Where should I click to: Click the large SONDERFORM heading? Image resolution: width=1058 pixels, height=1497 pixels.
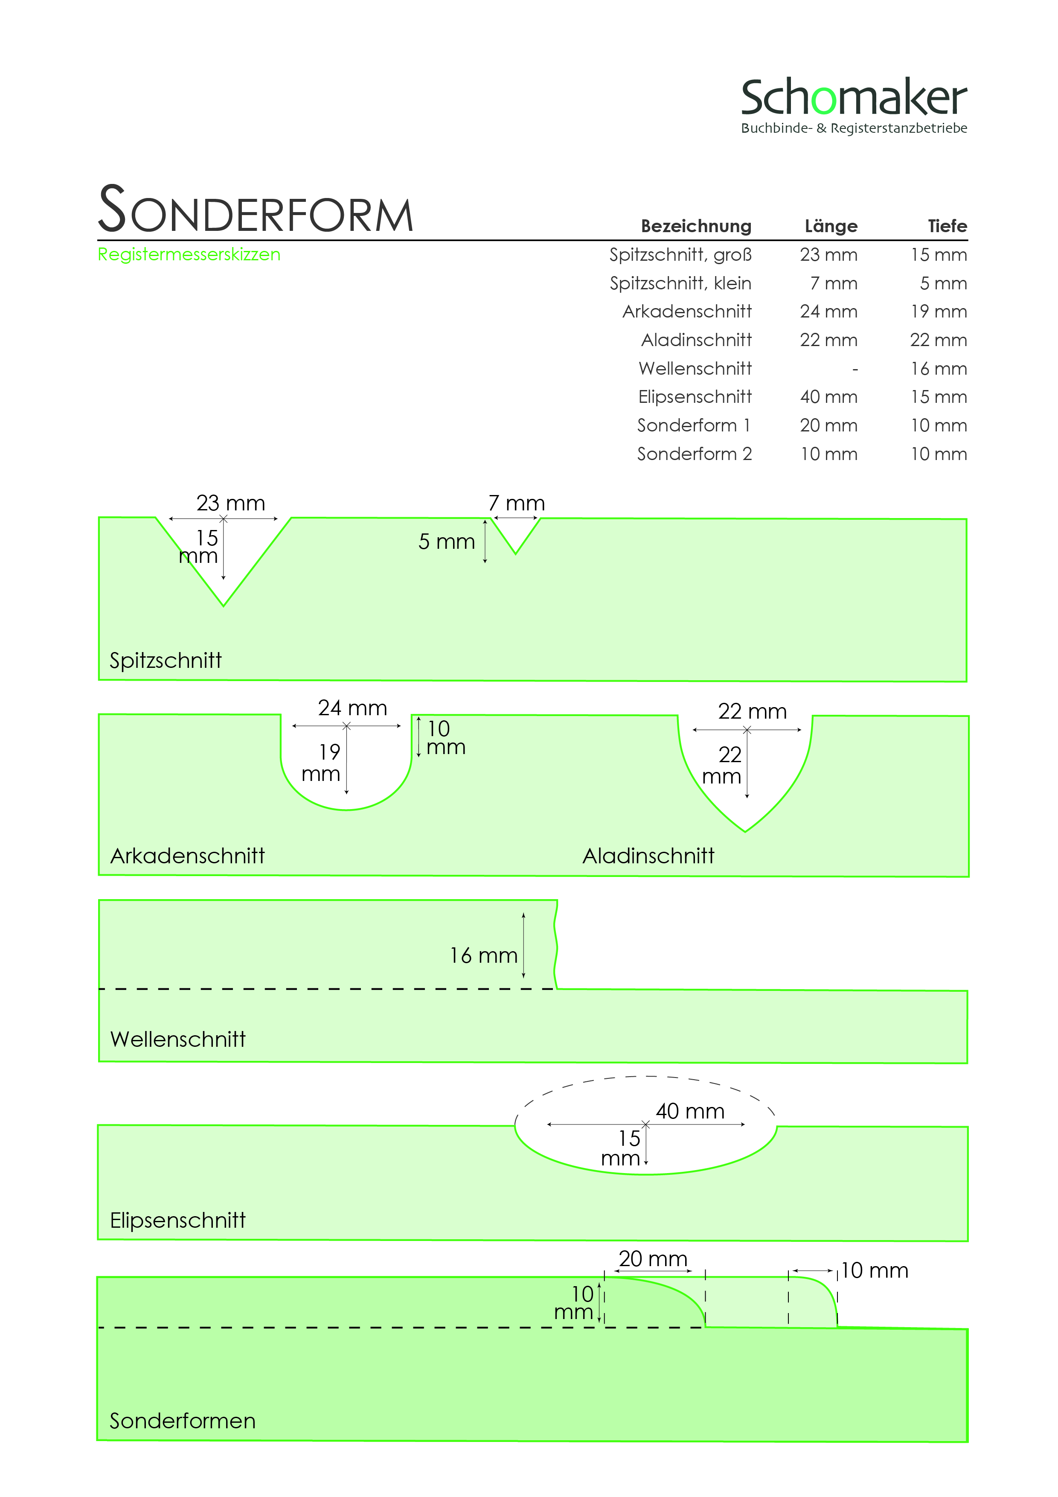click(256, 210)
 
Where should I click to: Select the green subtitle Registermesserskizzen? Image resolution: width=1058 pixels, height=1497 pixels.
click(189, 254)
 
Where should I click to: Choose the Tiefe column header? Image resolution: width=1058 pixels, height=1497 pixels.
click(947, 226)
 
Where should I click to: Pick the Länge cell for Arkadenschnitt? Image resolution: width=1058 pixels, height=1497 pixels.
click(828, 312)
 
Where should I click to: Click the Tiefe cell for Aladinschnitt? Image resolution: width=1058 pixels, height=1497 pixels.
click(938, 341)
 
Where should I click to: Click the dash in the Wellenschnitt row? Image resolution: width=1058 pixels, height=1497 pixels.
click(855, 369)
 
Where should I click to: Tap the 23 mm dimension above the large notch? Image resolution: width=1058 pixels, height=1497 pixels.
click(231, 504)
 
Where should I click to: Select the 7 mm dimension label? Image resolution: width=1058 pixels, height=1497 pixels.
click(516, 504)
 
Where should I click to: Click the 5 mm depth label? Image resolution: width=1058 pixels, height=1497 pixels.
click(447, 542)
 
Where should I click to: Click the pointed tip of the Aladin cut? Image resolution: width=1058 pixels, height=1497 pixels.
click(745, 831)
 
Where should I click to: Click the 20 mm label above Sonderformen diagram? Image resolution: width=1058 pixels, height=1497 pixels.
click(653, 1259)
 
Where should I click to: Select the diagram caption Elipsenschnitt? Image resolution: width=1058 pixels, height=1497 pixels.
click(177, 1220)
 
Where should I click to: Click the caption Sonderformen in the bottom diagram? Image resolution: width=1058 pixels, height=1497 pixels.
click(183, 1421)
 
